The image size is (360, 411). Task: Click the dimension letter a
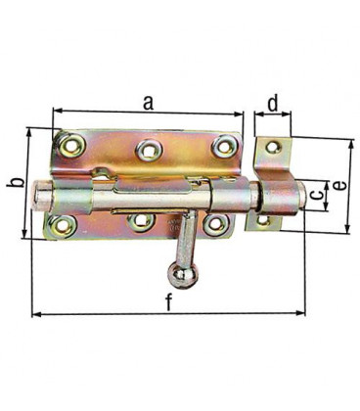tap(148, 103)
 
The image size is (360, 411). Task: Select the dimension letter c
tap(316, 195)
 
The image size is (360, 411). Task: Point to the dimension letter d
tap(273, 104)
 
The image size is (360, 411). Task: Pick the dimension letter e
tap(339, 186)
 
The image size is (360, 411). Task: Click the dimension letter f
tap(168, 301)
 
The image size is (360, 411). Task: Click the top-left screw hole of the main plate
tap(71, 145)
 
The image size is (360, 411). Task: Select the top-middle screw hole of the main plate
tap(149, 151)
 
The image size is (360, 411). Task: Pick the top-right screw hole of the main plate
tap(224, 146)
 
